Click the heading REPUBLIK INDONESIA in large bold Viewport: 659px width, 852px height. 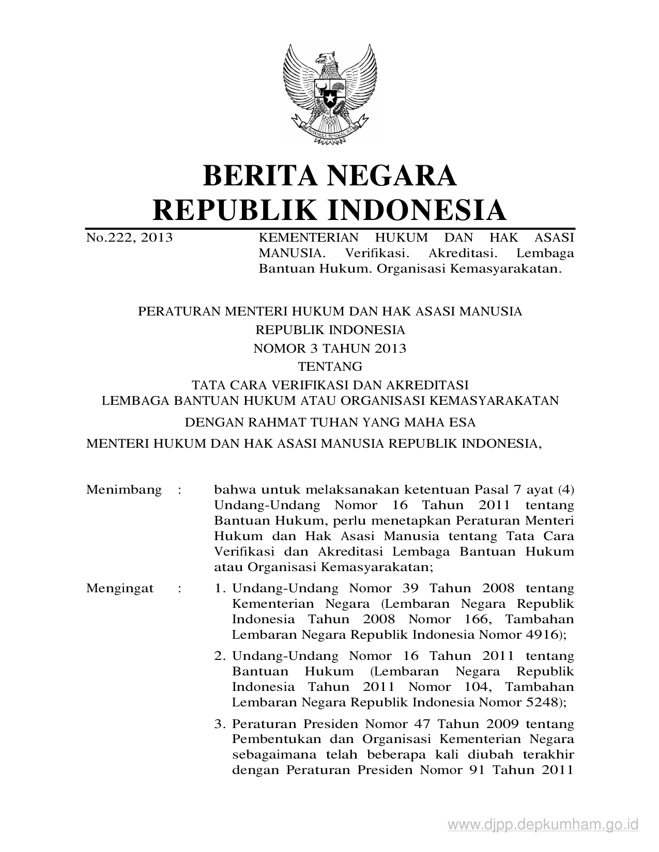[330, 210]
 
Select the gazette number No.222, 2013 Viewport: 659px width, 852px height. [129, 238]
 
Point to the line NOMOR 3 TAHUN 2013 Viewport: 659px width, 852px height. [330, 349]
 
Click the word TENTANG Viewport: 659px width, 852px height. [330, 367]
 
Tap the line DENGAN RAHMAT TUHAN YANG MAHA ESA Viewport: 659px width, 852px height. [330, 422]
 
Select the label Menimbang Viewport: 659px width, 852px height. [124, 489]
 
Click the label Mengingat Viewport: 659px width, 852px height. [120, 588]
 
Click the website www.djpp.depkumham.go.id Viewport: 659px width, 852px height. [543, 824]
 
